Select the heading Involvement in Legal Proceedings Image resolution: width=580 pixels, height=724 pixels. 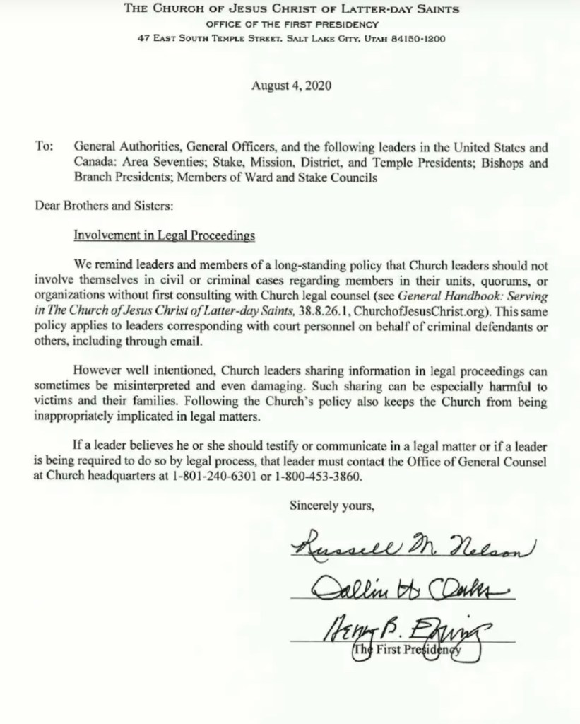(165, 236)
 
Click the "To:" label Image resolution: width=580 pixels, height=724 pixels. (44, 148)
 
